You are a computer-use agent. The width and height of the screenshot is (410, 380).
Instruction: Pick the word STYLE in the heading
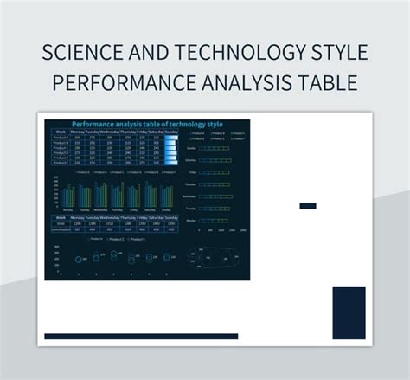click(338, 54)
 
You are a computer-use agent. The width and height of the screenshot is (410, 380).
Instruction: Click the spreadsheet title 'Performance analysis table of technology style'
click(147, 125)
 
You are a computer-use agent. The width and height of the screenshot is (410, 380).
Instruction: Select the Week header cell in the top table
click(61, 132)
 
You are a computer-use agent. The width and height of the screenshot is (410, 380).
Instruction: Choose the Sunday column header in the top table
click(170, 132)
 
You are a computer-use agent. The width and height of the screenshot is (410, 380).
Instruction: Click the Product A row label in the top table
click(61, 137)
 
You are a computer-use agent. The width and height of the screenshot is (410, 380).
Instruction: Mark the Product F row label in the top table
click(61, 163)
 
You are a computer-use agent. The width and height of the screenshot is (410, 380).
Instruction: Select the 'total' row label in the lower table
click(61, 222)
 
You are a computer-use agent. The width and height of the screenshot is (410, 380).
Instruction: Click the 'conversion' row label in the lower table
click(61, 228)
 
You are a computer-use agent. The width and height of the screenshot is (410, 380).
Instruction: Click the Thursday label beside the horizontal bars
click(191, 184)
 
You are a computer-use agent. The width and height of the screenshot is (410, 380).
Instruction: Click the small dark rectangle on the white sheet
click(307, 206)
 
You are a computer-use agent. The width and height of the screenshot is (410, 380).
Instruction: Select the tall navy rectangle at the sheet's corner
click(349, 312)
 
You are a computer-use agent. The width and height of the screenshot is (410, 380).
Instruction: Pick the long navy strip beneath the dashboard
click(141, 337)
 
